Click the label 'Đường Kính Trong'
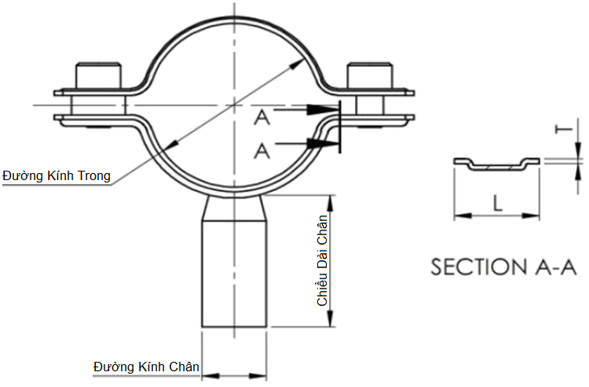pyautogui.click(x=56, y=175)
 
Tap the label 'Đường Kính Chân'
pyautogui.click(x=146, y=367)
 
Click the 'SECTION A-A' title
pyautogui.click(x=503, y=267)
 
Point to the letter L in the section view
pyautogui.click(x=497, y=204)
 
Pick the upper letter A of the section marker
pyautogui.click(x=262, y=118)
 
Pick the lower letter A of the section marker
pyautogui.click(x=262, y=149)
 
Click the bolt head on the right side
pyautogui.click(x=370, y=76)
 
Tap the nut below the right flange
pyautogui.click(x=368, y=105)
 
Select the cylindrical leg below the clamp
pyautogui.click(x=235, y=275)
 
